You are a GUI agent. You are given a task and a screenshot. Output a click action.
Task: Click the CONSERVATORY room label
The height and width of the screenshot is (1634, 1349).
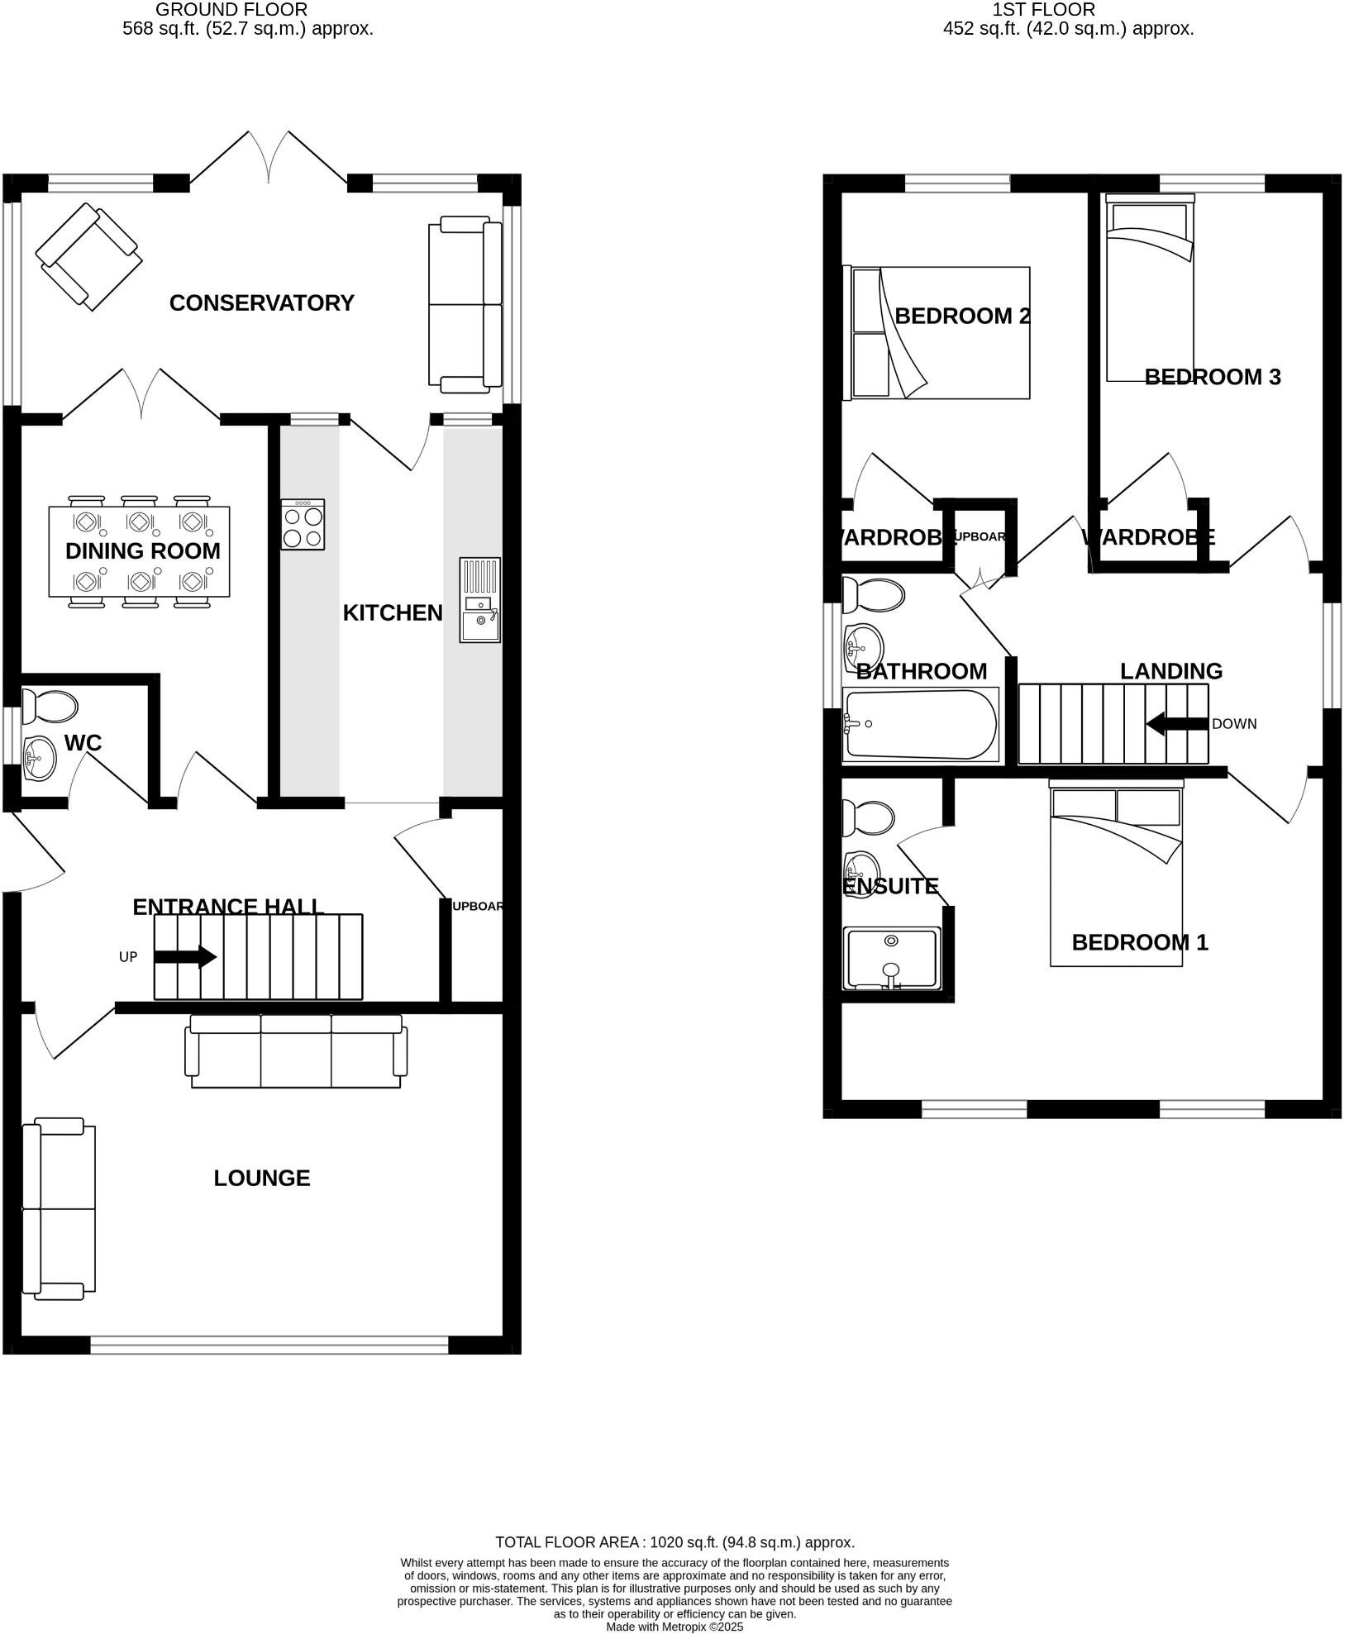coord(261,303)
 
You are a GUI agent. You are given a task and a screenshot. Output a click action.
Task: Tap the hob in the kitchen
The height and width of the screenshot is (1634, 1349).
coord(303,524)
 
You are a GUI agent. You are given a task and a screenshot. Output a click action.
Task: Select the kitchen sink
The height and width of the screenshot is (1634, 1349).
coord(480,600)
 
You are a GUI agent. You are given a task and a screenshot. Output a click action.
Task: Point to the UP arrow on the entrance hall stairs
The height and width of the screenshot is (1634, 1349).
coord(185,957)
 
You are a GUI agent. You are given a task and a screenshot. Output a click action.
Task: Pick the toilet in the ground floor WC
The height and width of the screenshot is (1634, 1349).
coord(50,707)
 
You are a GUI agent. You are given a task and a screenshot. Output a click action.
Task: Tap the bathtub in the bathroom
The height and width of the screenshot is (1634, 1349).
coord(920,725)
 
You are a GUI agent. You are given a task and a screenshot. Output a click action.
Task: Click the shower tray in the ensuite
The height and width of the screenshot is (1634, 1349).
coord(892,959)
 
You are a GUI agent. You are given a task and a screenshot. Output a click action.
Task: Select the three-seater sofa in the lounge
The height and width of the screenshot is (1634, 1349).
coord(296,1051)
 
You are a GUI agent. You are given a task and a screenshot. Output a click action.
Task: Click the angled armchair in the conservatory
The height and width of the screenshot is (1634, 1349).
coord(88,256)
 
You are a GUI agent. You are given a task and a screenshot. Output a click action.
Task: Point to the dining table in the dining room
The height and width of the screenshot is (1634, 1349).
coord(139,551)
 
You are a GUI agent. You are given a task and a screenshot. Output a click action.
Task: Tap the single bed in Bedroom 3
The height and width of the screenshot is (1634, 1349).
coord(1150,289)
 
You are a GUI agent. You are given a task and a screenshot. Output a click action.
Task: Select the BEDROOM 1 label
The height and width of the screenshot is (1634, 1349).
coord(1139,942)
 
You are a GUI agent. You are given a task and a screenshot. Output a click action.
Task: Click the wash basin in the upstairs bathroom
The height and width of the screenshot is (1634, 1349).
coord(863,647)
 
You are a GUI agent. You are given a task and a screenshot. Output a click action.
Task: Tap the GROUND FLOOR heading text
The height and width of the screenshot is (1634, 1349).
coord(231,10)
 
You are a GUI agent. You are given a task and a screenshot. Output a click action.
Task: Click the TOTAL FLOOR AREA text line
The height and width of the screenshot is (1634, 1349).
coord(674,1542)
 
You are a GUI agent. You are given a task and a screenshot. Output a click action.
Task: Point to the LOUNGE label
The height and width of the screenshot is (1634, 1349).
coord(261,1178)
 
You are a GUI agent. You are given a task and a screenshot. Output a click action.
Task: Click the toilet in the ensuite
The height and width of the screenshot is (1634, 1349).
coord(867,817)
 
